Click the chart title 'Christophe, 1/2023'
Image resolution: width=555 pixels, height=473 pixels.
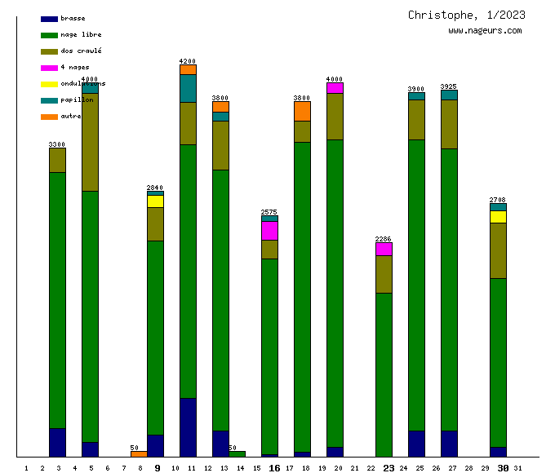467,15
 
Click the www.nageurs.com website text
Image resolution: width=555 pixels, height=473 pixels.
485,31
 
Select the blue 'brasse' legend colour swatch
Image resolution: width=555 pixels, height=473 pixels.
49,19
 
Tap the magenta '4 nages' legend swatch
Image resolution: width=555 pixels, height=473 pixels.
49,68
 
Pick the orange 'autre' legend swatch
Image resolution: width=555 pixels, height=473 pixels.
49,117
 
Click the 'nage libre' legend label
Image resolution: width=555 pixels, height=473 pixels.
81,35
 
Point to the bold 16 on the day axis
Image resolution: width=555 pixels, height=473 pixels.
274,468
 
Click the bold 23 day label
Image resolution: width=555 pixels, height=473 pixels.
388,468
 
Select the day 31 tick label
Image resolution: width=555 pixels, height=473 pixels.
518,468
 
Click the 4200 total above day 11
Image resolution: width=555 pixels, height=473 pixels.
188,61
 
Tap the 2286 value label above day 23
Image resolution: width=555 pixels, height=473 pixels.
384,239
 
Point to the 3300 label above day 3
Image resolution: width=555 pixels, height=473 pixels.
57,144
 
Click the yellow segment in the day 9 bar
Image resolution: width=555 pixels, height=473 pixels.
155,201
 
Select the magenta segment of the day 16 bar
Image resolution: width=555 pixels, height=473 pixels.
269,231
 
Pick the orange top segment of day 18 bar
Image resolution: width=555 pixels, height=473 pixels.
302,111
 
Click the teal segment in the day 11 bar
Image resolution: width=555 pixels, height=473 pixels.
188,88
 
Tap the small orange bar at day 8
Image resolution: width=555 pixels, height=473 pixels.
139,453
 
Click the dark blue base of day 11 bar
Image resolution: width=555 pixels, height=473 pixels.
188,427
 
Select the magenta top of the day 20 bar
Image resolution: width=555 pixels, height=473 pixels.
335,88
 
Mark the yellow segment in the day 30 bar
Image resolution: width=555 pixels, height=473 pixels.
498,217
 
